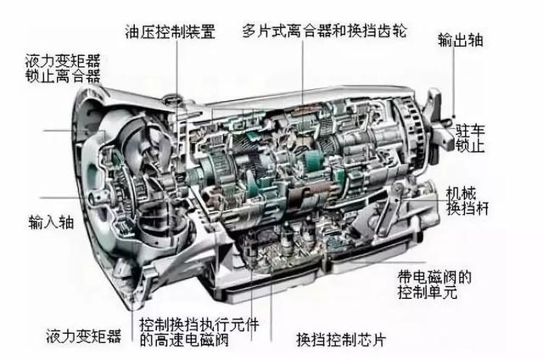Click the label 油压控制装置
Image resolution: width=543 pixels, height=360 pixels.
pyautogui.click(x=170, y=31)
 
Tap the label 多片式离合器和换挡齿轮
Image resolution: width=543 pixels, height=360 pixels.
pyautogui.click(x=324, y=31)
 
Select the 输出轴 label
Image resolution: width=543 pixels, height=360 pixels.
pyautogui.click(x=460, y=40)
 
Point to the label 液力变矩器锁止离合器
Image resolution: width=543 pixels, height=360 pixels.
pyautogui.click(x=63, y=68)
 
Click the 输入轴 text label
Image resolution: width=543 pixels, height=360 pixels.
pyautogui.click(x=51, y=222)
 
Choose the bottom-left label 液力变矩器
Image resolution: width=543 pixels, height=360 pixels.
pyautogui.click(x=83, y=335)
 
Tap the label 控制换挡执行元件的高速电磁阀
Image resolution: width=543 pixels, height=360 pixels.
pyautogui.click(x=199, y=332)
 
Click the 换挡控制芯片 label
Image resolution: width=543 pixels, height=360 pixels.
pyautogui.click(x=341, y=340)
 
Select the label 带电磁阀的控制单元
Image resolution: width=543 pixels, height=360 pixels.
pyautogui.click(x=434, y=284)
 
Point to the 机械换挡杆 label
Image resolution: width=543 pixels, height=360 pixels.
pyautogui.click(x=467, y=201)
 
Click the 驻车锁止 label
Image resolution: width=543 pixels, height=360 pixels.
pyautogui.click(x=470, y=138)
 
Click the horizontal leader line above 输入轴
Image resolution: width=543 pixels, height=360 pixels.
pyautogui.click(x=61, y=198)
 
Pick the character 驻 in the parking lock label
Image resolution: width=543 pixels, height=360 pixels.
pyautogui.click(x=462, y=132)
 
